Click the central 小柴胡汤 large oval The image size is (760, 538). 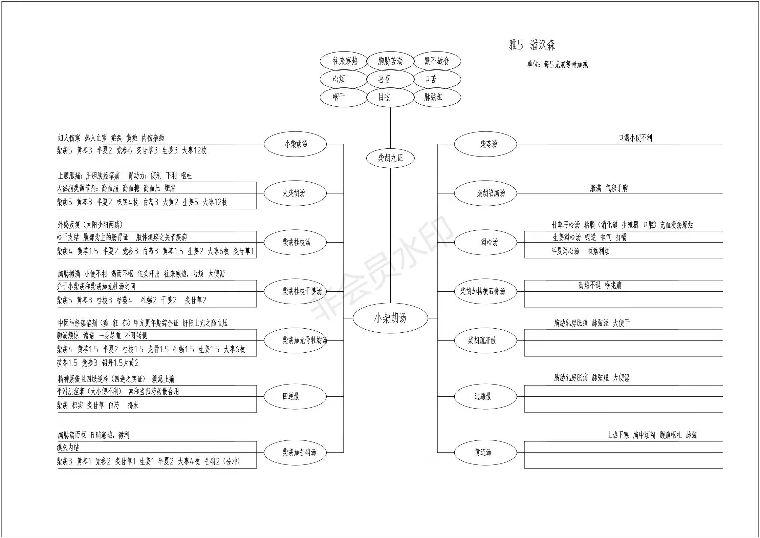coord(390,318)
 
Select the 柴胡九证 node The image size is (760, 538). coord(390,158)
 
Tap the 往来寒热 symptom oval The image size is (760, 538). coord(344,61)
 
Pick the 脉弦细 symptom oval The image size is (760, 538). coord(437,98)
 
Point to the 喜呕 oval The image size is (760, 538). coord(390,79)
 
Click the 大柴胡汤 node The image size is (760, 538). coord(295,193)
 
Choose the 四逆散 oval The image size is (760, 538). coord(295,396)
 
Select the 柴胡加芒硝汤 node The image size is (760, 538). coord(295,452)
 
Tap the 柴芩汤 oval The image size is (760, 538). coord(485,144)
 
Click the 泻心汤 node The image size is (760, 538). coord(485,242)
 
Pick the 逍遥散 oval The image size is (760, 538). coord(485,396)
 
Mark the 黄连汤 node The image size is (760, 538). coord(485,452)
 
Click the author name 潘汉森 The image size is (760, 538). coord(542,45)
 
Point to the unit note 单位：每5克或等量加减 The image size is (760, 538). coord(557,64)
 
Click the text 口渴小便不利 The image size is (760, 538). coord(635,138)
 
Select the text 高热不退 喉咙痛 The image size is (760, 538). coord(600,285)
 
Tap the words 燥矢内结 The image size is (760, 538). coord(68,448)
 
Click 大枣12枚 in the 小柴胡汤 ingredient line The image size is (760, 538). coord(194,150)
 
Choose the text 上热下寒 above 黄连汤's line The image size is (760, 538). coord(617,435)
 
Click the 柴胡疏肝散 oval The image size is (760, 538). coord(485,340)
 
